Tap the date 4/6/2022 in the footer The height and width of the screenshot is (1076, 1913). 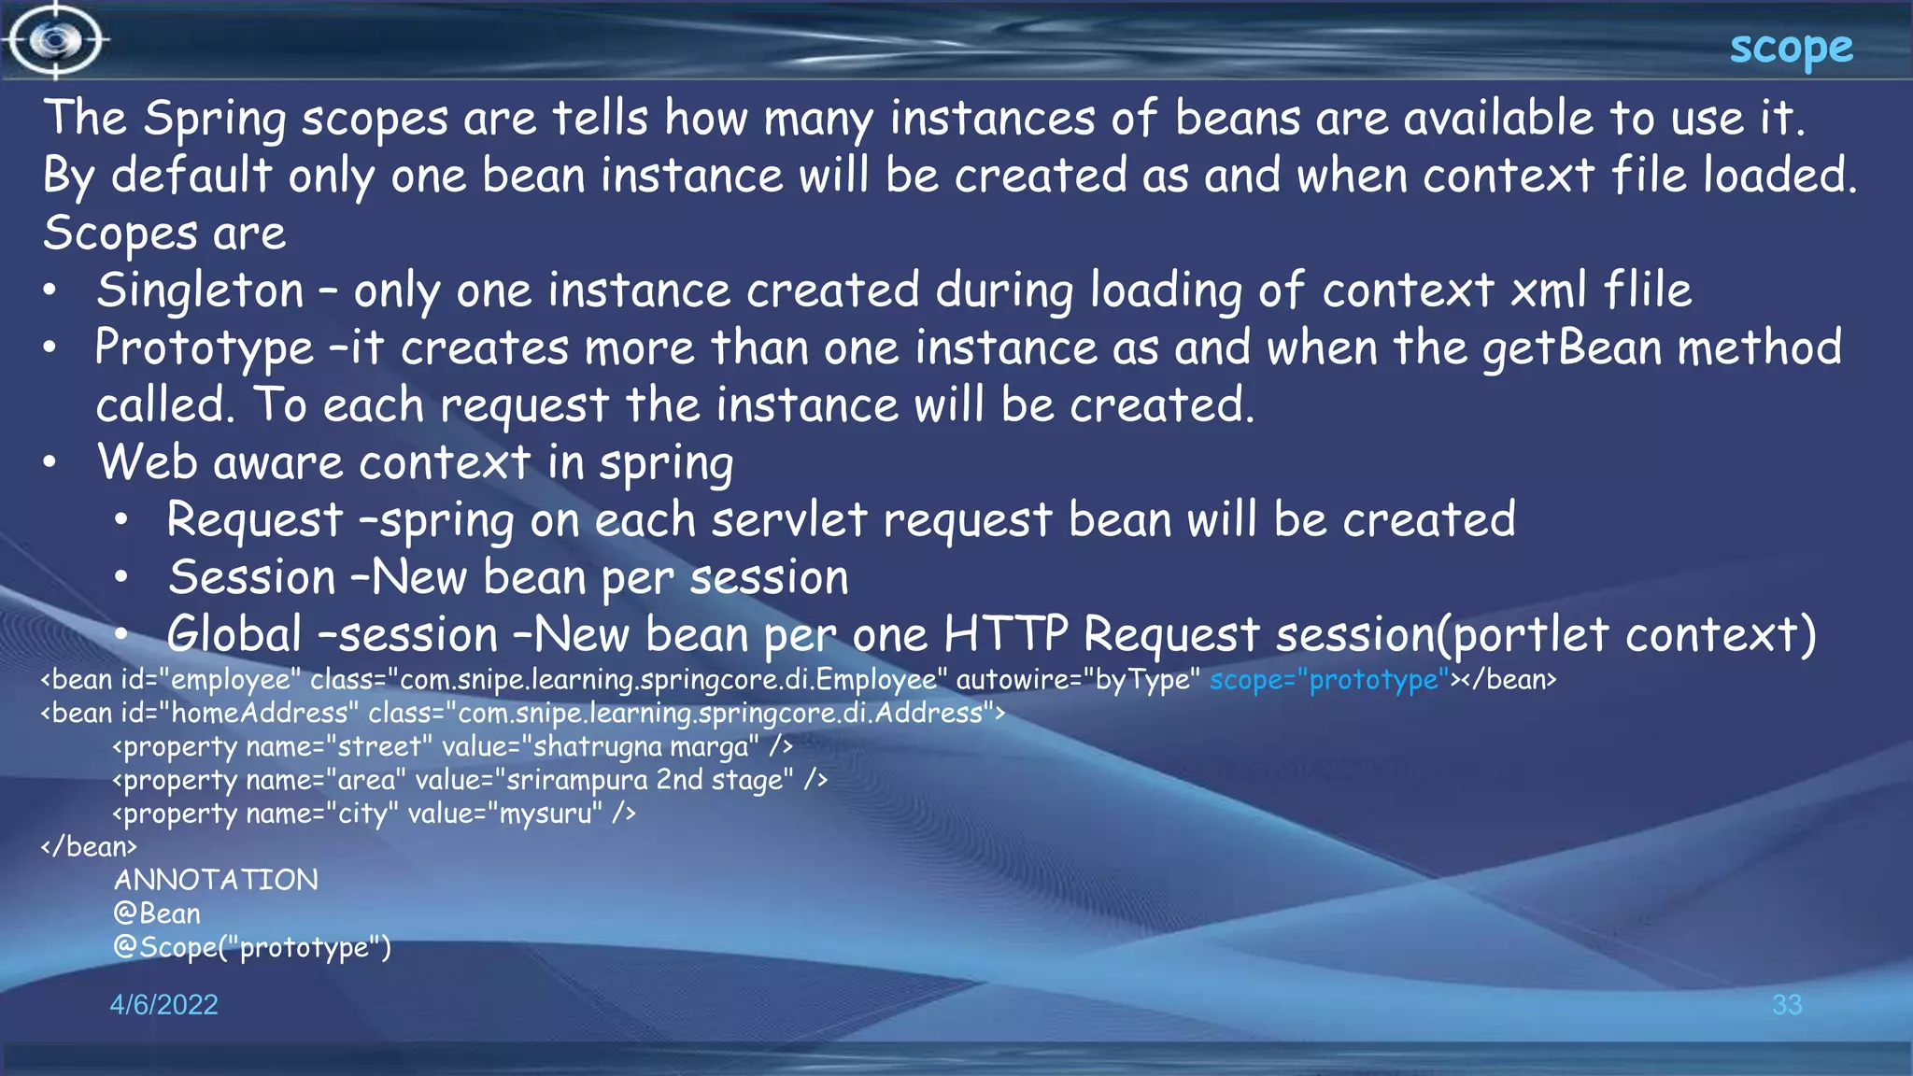pos(163,1004)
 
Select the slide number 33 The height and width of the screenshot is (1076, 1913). pos(1786,1004)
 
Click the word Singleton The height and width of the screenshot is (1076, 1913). pos(201,290)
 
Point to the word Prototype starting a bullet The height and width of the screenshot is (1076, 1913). pos(204,348)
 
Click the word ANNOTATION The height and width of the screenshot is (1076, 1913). pos(216,880)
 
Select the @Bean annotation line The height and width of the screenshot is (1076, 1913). pos(157,913)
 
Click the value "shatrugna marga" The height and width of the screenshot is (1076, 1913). pos(640,746)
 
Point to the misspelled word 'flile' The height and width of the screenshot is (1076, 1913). pos(1647,290)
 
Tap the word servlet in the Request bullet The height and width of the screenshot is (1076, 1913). pos(789,520)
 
